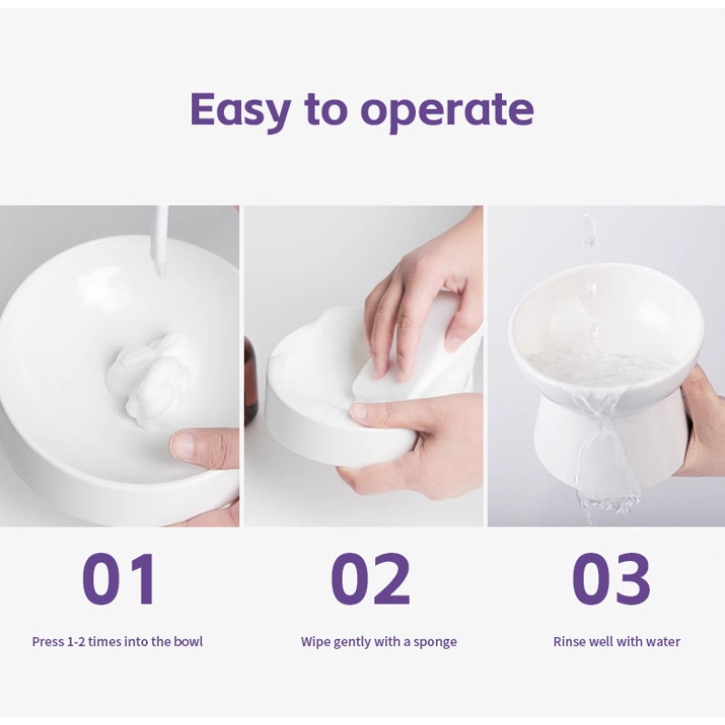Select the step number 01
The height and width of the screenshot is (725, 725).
(x=120, y=579)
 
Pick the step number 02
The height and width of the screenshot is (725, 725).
(x=371, y=579)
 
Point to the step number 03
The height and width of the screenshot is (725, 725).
(x=611, y=579)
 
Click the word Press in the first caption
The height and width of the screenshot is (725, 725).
(x=48, y=642)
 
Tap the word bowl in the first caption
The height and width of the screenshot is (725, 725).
(x=188, y=642)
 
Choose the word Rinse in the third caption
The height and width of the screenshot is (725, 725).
(x=569, y=642)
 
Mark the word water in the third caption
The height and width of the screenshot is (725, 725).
(x=665, y=642)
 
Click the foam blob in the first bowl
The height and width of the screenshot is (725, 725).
(x=150, y=374)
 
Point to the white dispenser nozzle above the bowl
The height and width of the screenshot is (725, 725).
(x=160, y=240)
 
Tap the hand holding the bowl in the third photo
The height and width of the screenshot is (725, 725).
(x=703, y=425)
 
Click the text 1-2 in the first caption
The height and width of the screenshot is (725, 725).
(x=76, y=642)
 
